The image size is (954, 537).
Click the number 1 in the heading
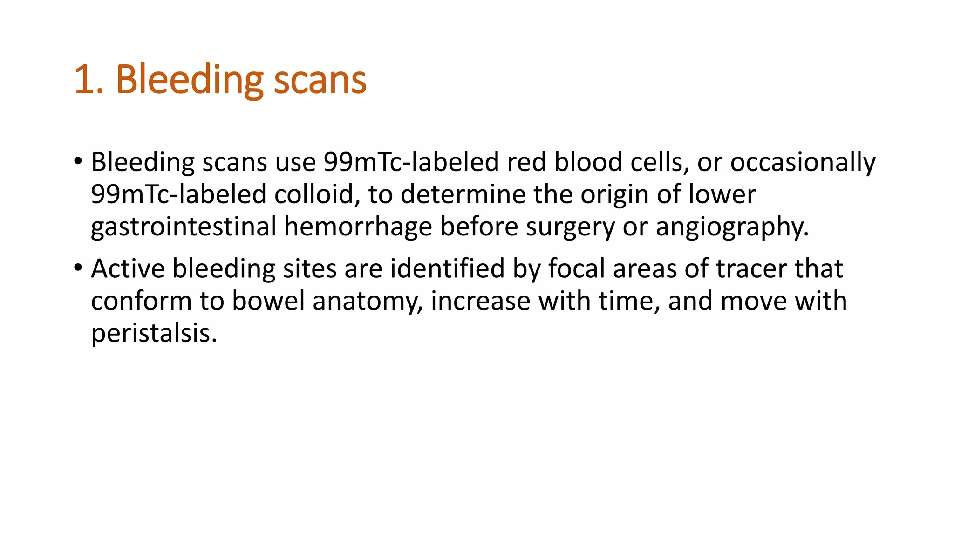point(84,80)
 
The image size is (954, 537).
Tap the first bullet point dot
point(78,161)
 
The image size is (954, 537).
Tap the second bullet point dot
point(78,268)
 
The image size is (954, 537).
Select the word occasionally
point(803,162)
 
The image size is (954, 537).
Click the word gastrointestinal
point(184,227)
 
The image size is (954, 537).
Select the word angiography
point(732,227)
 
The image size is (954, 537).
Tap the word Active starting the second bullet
point(128,269)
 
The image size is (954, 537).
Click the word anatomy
point(368,301)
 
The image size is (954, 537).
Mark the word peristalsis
point(154,333)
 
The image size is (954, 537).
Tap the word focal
point(576,269)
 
